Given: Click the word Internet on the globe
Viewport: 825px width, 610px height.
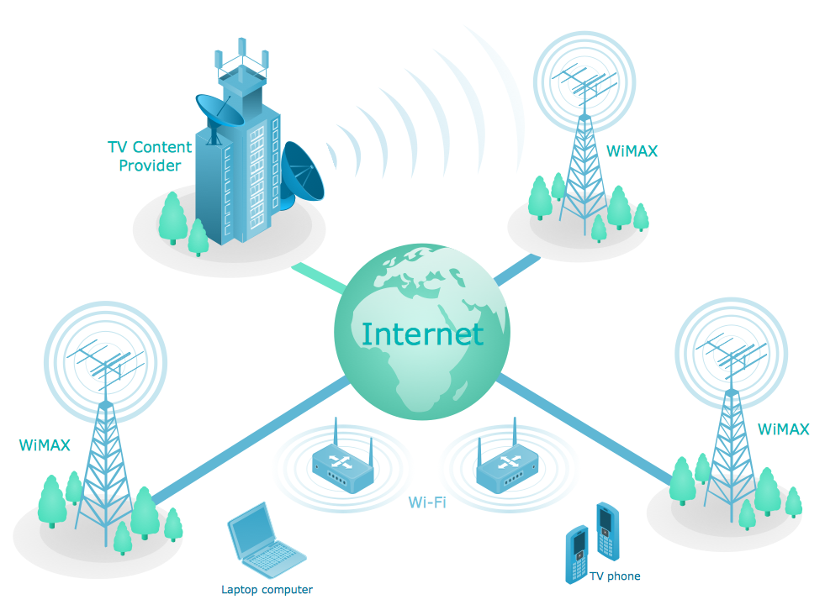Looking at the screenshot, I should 422,334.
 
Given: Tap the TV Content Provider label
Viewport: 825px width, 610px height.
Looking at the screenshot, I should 150,156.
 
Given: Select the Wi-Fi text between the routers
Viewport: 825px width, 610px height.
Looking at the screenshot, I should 427,503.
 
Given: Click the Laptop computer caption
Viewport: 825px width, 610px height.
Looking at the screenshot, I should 267,590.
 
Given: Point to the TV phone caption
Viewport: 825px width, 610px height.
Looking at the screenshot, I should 615,576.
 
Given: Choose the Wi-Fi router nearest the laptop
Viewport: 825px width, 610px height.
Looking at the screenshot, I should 342,465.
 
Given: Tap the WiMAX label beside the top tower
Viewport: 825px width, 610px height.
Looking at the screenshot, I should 632,152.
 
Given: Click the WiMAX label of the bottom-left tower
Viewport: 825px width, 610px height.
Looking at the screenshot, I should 45,444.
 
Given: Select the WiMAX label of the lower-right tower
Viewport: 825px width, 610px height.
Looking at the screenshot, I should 783,429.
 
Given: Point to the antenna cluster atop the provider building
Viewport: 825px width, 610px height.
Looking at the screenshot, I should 241,57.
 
